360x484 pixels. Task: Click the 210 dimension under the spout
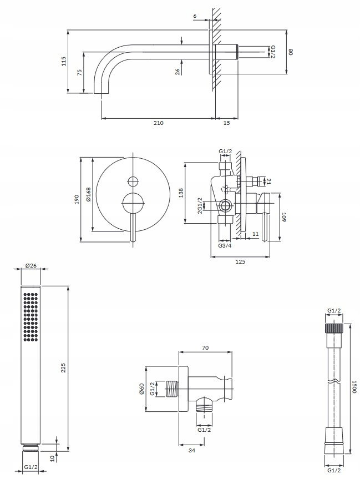coord(158,123)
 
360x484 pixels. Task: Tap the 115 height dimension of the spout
coord(64,61)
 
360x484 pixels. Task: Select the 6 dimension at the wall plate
coord(195,16)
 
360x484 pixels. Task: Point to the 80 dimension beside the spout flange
coord(291,52)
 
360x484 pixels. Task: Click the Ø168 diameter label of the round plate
coord(89,194)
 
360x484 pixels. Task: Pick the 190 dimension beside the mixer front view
coord(77,199)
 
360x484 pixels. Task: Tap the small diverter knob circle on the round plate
coord(133,181)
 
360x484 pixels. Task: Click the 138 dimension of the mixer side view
coord(181,193)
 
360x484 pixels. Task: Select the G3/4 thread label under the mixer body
coord(225,246)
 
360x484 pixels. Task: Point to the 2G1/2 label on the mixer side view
coord(200,205)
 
